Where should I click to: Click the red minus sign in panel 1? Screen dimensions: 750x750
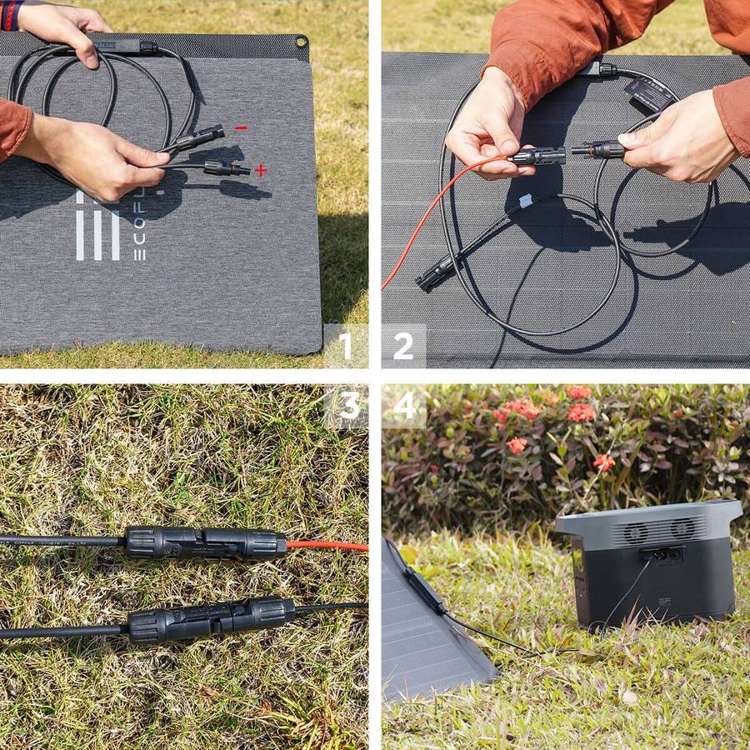tap(241, 128)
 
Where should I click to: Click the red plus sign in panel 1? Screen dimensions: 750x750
tap(261, 170)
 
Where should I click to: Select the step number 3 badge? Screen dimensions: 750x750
tap(348, 405)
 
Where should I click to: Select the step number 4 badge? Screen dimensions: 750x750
tap(404, 405)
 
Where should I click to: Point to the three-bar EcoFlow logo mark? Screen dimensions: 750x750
tap(97, 225)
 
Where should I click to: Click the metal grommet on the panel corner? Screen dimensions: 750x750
tap(300, 42)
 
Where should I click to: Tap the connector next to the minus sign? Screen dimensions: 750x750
tap(200, 138)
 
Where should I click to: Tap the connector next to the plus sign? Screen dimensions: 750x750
tap(226, 168)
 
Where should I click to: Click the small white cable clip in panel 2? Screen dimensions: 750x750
tap(525, 201)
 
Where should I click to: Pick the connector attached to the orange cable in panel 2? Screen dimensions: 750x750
tap(537, 156)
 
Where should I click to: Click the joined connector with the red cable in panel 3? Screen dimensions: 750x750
tap(205, 542)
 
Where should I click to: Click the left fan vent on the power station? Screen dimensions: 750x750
tap(637, 531)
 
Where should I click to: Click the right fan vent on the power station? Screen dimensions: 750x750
tap(682, 527)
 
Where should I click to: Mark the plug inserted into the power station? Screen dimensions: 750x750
tap(650, 555)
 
